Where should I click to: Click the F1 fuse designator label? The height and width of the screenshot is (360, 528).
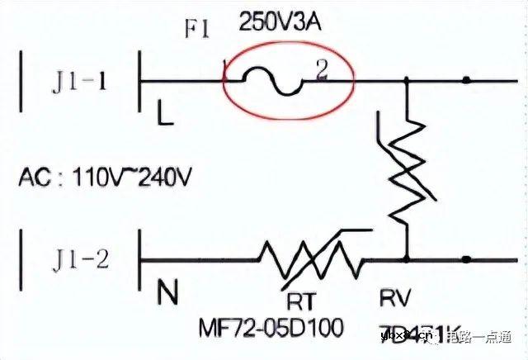[197, 31]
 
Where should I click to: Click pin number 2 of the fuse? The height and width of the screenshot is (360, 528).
[322, 71]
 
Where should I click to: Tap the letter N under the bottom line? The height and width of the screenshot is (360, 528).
[167, 291]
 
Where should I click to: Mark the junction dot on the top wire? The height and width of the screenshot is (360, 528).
[467, 80]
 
